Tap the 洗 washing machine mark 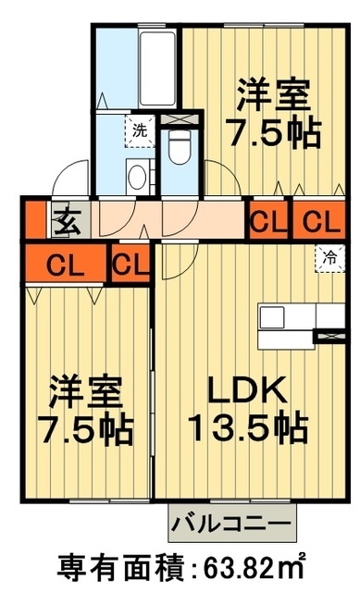coord(139,130)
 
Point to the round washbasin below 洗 coord(138,176)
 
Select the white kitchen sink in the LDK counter coord(273,317)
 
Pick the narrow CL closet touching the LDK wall coord(131,265)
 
